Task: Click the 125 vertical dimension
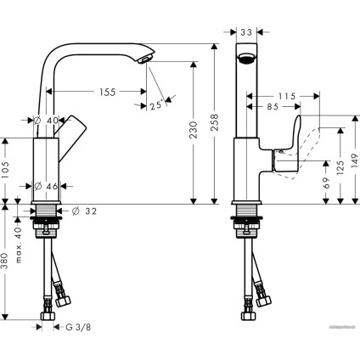pyautogui.click(x=340, y=166)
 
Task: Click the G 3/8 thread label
pyautogui.click(x=78, y=326)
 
